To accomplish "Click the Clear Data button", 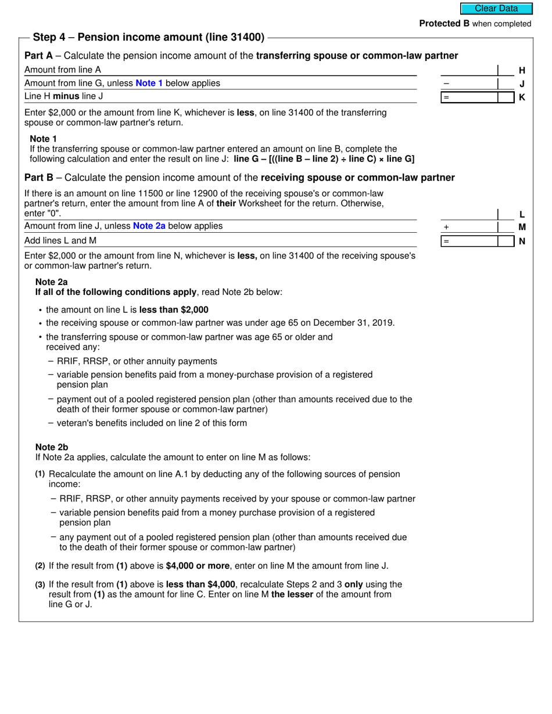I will pyautogui.click(x=496, y=9).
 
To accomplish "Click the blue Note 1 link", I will pyautogui.click(x=149, y=83).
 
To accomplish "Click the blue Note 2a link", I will pyautogui.click(x=149, y=226).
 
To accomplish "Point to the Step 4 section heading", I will pyautogui.click(x=149, y=38).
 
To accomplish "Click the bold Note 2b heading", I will pyautogui.click(x=52, y=447).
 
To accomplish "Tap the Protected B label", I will pyautogui.click(x=444, y=24).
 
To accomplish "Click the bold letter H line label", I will pyautogui.click(x=522, y=71).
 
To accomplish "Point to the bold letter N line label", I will pyautogui.click(x=522, y=241).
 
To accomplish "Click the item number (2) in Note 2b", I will pyautogui.click(x=40, y=566).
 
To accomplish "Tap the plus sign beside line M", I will pyautogui.click(x=446, y=228).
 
